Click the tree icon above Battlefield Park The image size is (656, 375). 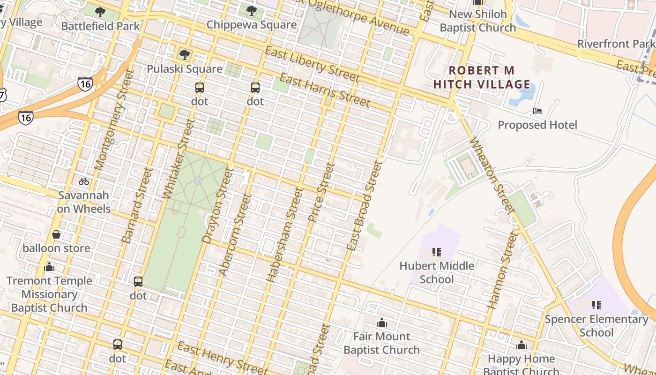pyautogui.click(x=100, y=12)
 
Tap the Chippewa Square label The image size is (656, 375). pyautogui.click(x=252, y=25)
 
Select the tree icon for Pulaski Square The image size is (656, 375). pyautogui.click(x=185, y=55)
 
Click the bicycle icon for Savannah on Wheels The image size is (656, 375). pyautogui.click(x=84, y=181)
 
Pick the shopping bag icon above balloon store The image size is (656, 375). pyautogui.click(x=56, y=234)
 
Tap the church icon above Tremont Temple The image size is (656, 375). pyautogui.click(x=49, y=267)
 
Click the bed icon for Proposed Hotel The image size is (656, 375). pyautogui.click(x=537, y=112)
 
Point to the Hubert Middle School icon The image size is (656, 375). pyautogui.click(x=437, y=252)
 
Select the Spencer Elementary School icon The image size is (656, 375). pyautogui.click(x=596, y=305)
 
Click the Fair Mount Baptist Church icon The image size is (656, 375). pyautogui.click(x=381, y=323)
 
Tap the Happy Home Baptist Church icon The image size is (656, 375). pyautogui.click(x=521, y=345)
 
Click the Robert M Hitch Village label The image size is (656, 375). pyautogui.click(x=482, y=78)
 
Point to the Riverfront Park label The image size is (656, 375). pyautogui.click(x=616, y=44)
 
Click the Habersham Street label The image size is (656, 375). pyautogui.click(x=283, y=234)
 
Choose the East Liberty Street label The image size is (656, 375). pyautogui.click(x=312, y=64)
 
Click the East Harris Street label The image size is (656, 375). pyautogui.click(x=325, y=90)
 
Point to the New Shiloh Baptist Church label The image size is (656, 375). pyautogui.click(x=478, y=21)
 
